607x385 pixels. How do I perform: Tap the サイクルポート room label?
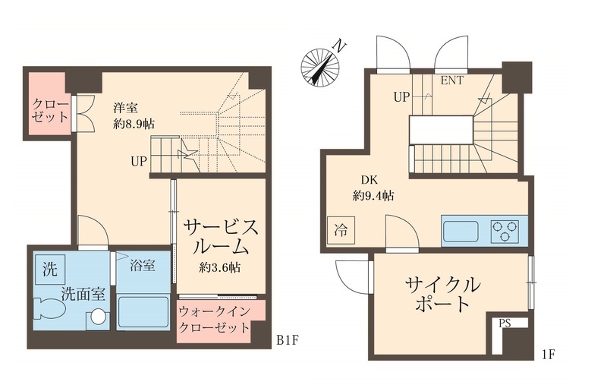(443, 295)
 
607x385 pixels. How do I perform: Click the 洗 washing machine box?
(49, 267)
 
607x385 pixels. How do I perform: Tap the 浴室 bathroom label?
(143, 266)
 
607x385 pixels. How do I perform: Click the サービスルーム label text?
(220, 237)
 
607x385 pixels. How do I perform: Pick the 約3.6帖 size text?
(220, 267)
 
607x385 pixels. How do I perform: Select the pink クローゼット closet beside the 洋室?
(50, 111)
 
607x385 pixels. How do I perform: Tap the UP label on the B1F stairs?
(138, 162)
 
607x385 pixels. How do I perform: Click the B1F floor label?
(288, 341)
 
